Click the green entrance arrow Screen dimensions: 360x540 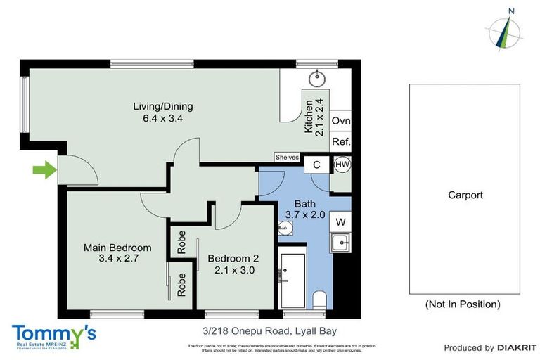click(44, 169)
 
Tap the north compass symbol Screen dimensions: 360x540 click(504, 30)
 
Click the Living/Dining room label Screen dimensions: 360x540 click(162, 112)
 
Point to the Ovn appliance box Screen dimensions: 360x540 click(340, 121)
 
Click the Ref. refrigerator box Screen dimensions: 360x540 click(340, 141)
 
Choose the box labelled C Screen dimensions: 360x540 click(317, 165)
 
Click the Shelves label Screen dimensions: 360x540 click(288, 157)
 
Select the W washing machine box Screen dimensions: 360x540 click(340, 222)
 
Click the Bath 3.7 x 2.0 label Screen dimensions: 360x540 click(304, 209)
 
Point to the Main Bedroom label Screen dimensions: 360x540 click(117, 253)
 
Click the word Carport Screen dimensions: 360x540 click(465, 195)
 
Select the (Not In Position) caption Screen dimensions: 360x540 click(463, 304)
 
